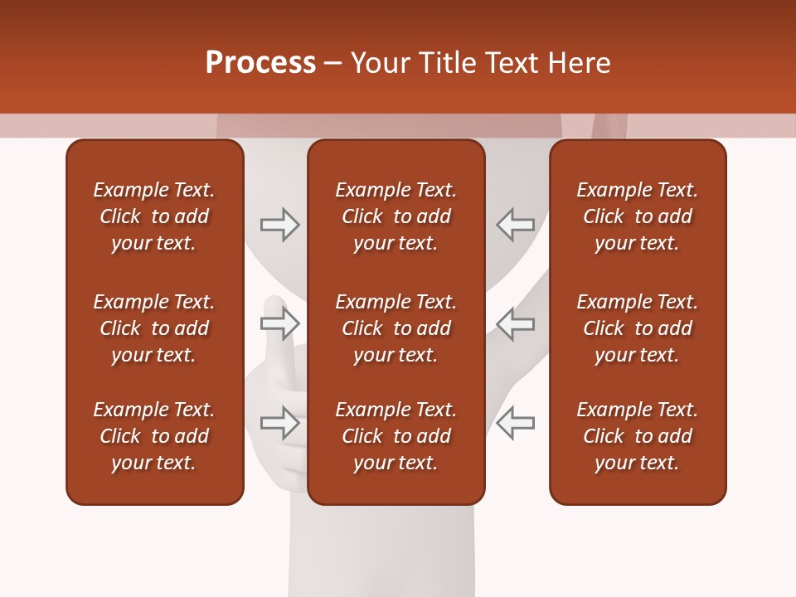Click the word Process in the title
click(x=260, y=63)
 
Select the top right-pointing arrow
click(x=280, y=224)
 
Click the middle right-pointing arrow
click(x=280, y=323)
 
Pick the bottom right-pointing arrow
click(x=280, y=423)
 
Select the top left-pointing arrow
click(x=515, y=224)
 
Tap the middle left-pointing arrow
click(x=515, y=323)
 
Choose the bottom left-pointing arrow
click(x=515, y=423)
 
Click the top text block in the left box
click(x=154, y=216)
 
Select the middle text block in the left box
click(x=154, y=328)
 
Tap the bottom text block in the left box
click(x=154, y=436)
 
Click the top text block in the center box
click(x=396, y=216)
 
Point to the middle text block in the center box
click(x=396, y=328)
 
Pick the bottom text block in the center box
click(x=396, y=436)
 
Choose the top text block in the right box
click(x=637, y=216)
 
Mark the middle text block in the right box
click(x=637, y=328)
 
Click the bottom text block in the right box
click(x=637, y=436)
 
